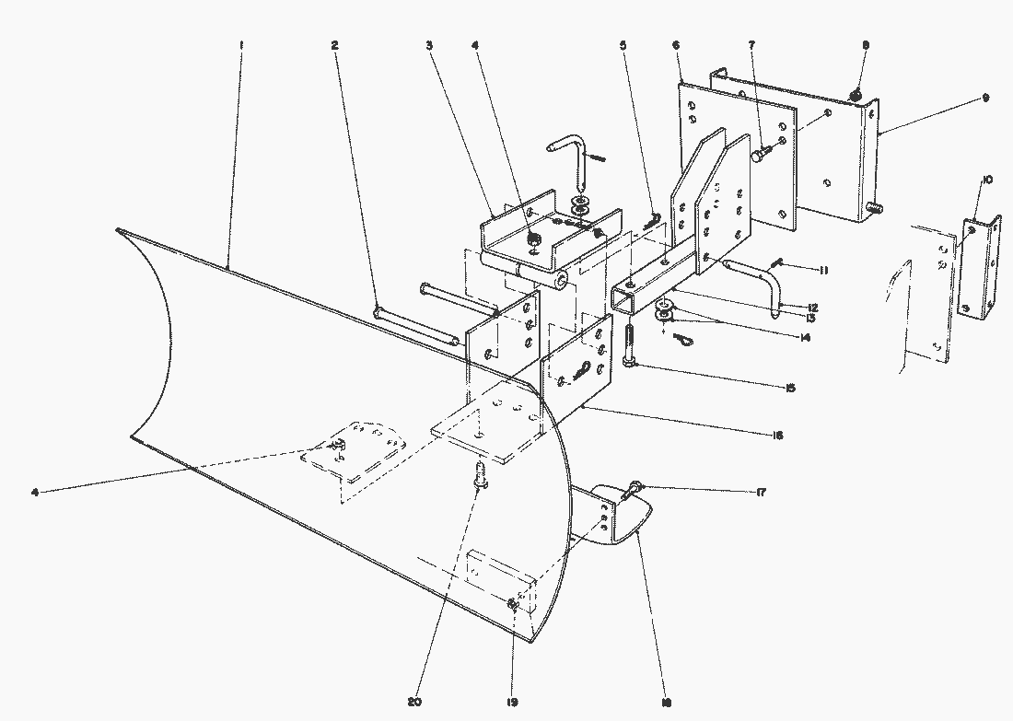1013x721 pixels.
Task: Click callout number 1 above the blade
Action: (x=240, y=45)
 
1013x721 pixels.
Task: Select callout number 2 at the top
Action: (x=334, y=45)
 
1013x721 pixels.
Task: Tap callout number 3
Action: (x=429, y=45)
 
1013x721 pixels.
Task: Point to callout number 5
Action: (x=623, y=45)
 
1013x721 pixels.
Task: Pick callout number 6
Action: (x=677, y=45)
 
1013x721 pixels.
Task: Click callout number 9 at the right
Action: (x=984, y=98)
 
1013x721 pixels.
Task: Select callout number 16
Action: (x=779, y=435)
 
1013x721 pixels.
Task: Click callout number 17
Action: (x=761, y=493)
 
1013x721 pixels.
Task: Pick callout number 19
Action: (x=513, y=702)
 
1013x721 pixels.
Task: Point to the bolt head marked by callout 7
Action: (x=761, y=156)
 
